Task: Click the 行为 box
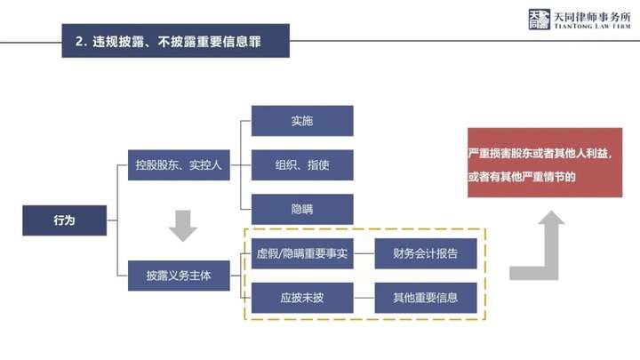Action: pyautogui.click(x=65, y=220)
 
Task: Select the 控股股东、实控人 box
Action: pyautogui.click(x=180, y=165)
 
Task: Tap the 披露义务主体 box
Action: pyautogui.click(x=180, y=275)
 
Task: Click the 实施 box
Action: pyautogui.click(x=302, y=121)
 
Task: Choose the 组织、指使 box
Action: pyautogui.click(x=302, y=165)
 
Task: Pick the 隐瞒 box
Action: pyautogui.click(x=302, y=209)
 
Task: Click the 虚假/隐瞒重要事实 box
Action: pyautogui.click(x=302, y=254)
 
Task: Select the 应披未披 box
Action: pyautogui.click(x=302, y=298)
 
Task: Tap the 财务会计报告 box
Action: pyautogui.click(x=426, y=254)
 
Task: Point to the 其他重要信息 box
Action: pyautogui.click(x=426, y=298)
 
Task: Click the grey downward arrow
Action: pyautogui.click(x=183, y=226)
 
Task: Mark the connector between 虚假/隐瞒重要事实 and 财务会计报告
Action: pyautogui.click(x=364, y=254)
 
